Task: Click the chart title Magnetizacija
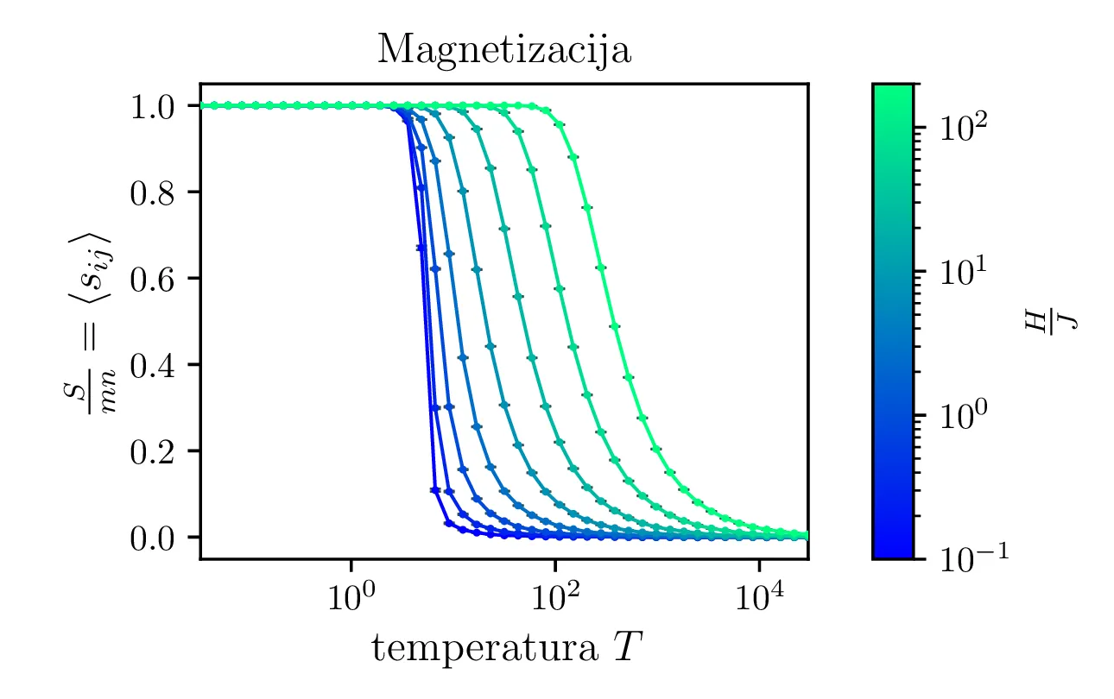tap(504, 51)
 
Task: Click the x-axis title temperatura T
tap(504, 646)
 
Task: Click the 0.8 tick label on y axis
tap(153, 192)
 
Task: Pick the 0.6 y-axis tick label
tap(153, 279)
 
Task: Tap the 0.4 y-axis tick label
tap(153, 365)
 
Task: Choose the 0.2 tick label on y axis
tap(153, 451)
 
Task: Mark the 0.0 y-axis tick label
tap(153, 538)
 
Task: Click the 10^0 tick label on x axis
tap(351, 596)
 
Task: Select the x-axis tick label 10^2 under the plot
tap(554, 596)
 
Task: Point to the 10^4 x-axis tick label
tap(759, 596)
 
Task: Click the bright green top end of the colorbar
tap(893, 90)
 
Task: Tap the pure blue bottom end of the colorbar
tap(893, 552)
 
